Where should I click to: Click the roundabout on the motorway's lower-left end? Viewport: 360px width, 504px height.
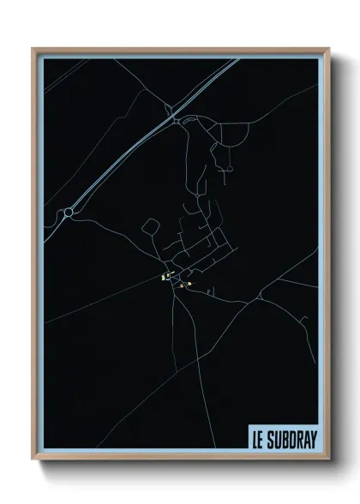click(69, 212)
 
